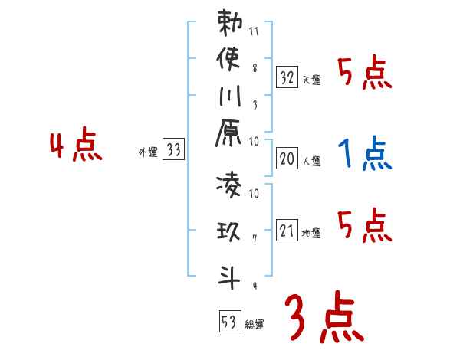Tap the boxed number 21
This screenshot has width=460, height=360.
(287, 229)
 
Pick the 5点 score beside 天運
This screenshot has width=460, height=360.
(365, 74)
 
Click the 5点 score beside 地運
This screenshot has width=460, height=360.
(365, 227)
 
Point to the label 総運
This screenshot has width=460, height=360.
(255, 325)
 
